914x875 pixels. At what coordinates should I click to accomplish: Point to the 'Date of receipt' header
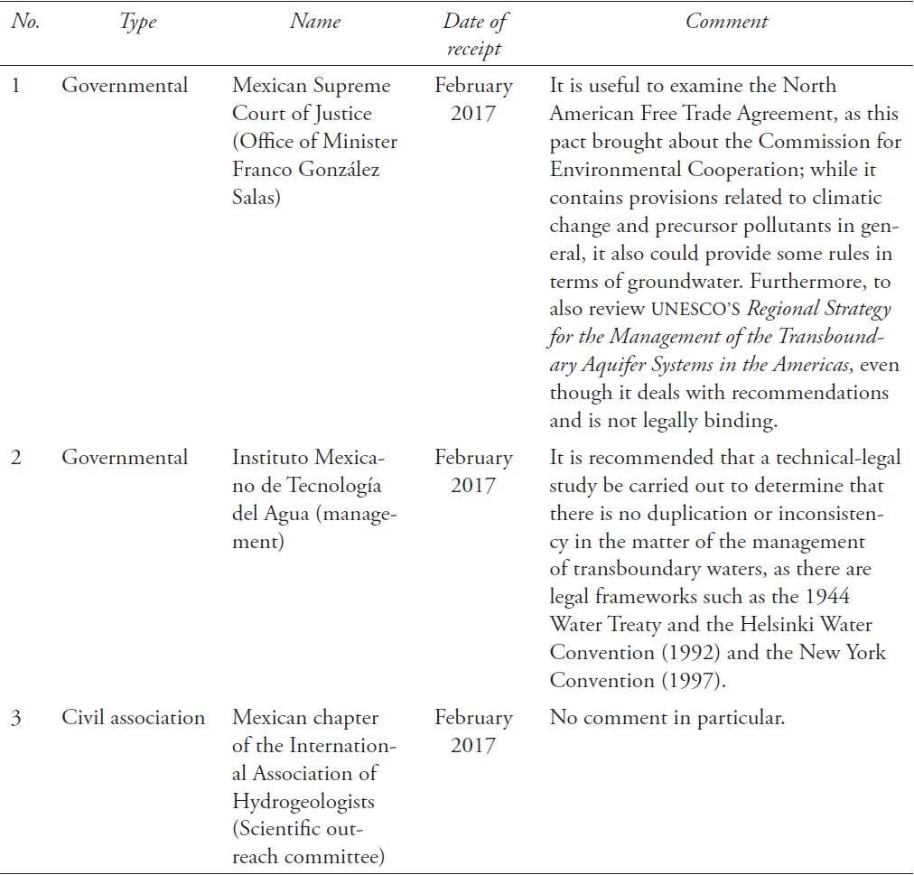click(x=474, y=35)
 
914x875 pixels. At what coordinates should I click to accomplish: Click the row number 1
click(x=17, y=86)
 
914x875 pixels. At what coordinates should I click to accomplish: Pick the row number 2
click(x=17, y=458)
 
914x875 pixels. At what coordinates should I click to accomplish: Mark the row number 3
click(x=17, y=718)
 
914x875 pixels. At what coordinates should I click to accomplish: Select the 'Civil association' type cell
click(x=134, y=718)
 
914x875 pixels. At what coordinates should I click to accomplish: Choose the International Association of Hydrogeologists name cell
click(x=315, y=787)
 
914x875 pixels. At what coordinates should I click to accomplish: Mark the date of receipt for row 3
click(x=473, y=731)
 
